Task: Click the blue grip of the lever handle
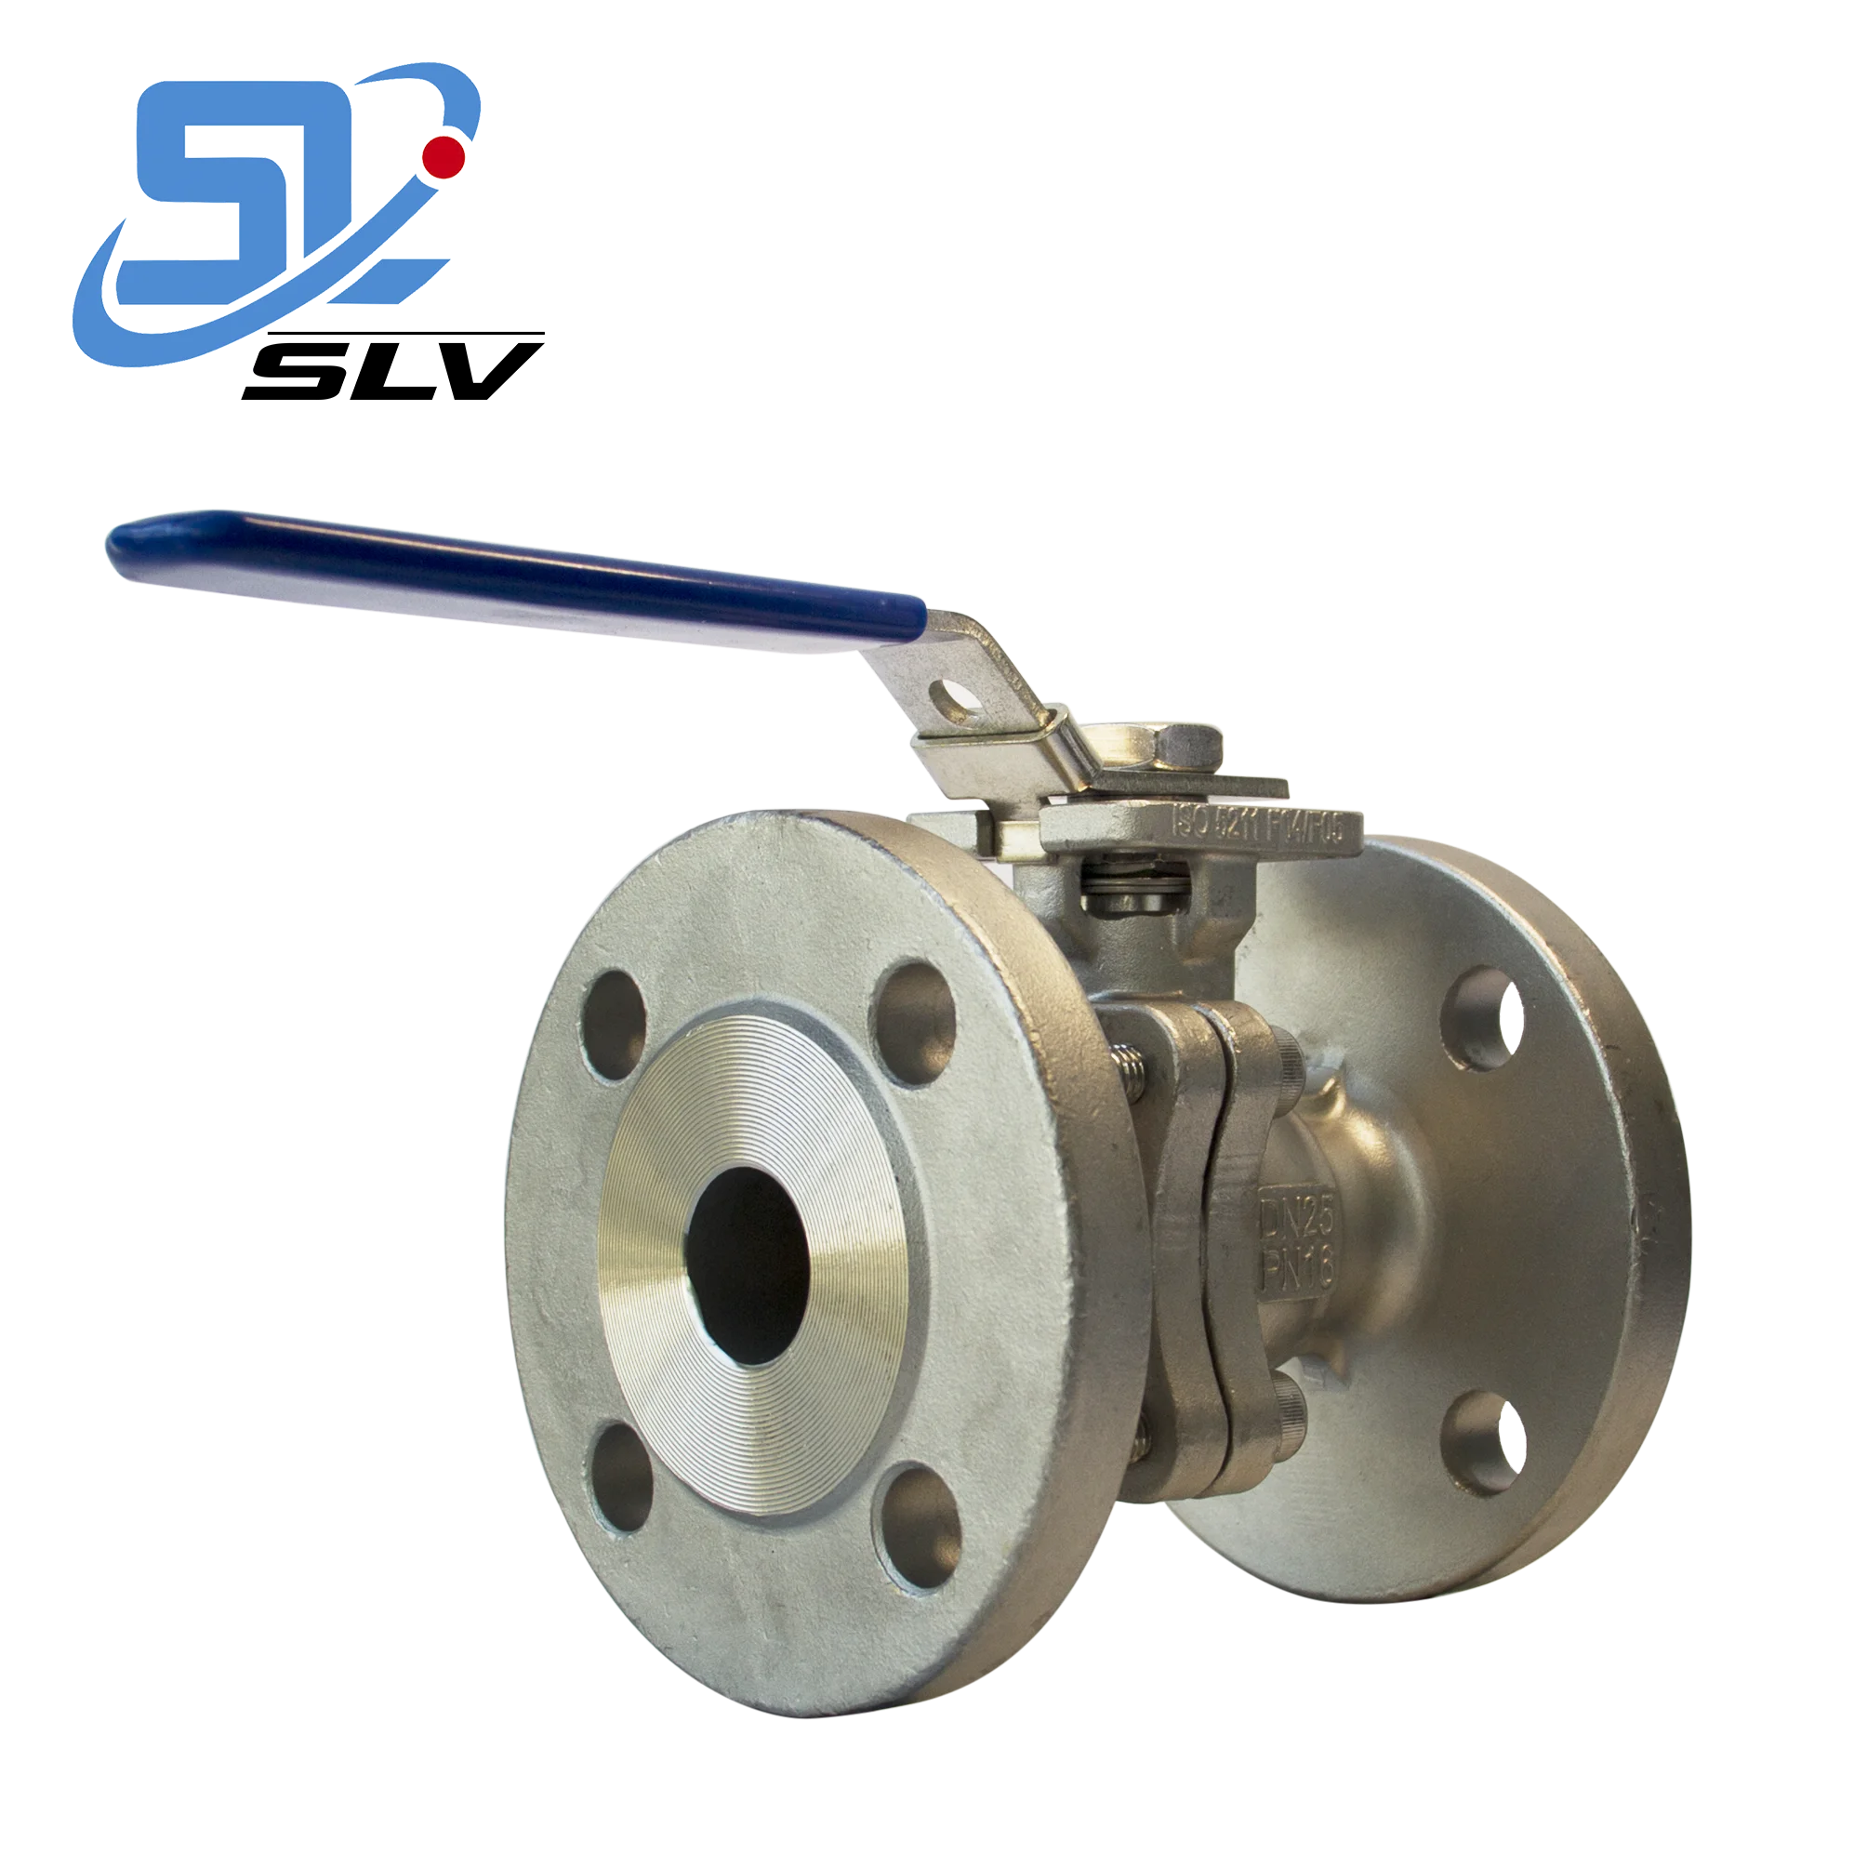[x=502, y=573]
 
